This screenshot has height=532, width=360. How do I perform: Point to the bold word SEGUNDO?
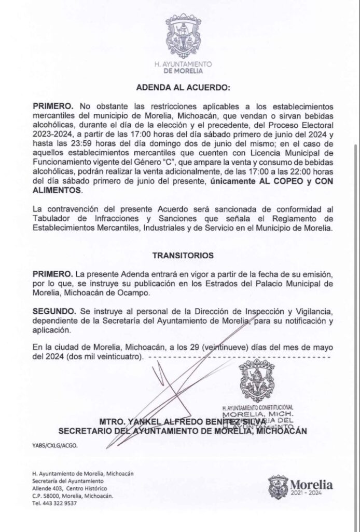pos(53,311)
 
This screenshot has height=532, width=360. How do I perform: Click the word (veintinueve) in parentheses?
pos(225,347)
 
